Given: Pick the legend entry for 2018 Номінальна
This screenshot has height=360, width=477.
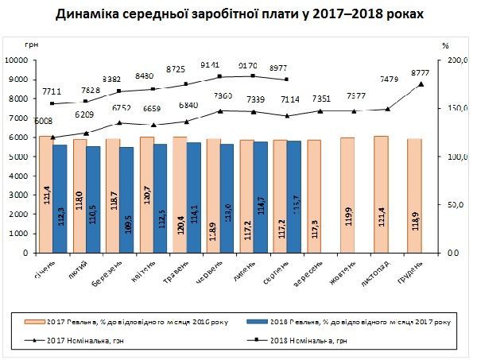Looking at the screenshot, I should (x=315, y=340).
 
